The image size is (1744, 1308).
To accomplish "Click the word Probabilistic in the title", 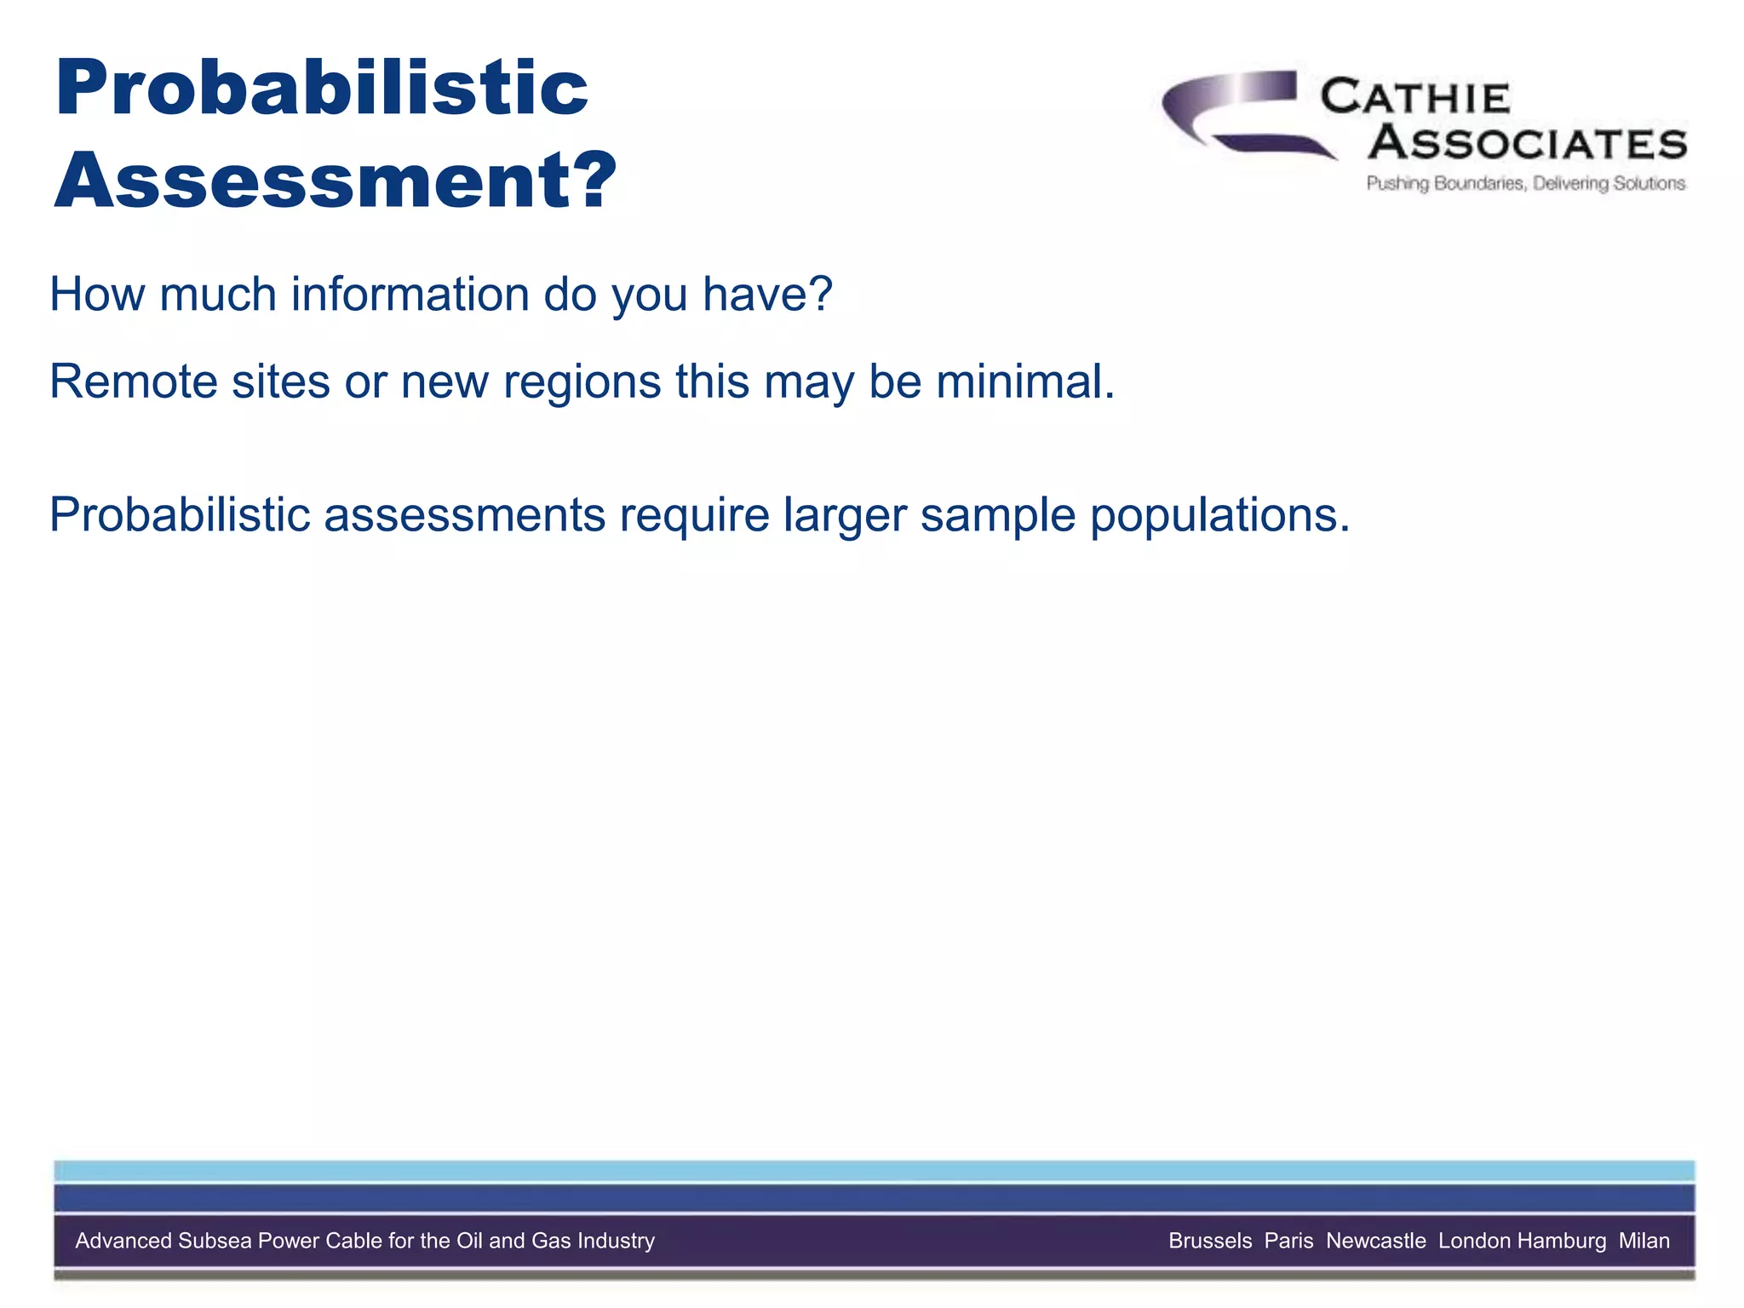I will coord(321,89).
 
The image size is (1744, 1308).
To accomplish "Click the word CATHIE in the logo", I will coord(1414,98).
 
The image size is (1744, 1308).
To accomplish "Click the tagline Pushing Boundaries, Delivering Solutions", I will coord(1525,183).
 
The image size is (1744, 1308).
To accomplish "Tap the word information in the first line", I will coord(410,295).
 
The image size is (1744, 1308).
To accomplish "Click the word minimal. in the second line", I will coord(1025,381).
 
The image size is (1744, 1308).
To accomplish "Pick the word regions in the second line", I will coord(582,381).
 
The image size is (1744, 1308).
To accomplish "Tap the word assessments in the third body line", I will coord(464,515).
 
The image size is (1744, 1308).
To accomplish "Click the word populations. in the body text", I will coord(1219,515).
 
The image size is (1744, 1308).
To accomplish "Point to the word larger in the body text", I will coord(844,515).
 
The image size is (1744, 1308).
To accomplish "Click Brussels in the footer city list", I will coord(1209,1241).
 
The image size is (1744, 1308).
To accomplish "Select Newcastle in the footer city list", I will coord(1375,1241).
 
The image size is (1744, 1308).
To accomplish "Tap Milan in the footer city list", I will coord(1644,1241).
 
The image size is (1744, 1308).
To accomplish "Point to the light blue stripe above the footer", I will coord(874,1171).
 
